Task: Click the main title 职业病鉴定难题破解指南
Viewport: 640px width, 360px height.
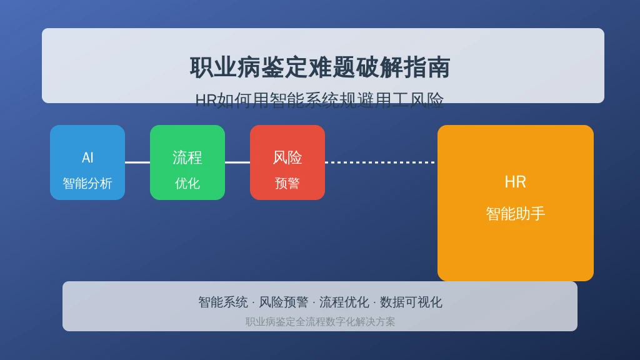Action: [x=320, y=67]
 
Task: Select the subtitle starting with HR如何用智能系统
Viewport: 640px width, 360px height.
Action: [x=319, y=100]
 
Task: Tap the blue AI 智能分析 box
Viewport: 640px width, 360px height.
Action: [x=87, y=162]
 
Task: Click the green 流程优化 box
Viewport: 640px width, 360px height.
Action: [x=187, y=162]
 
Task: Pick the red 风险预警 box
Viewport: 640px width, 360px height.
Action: [x=287, y=162]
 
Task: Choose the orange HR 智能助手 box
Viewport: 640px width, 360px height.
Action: [x=516, y=203]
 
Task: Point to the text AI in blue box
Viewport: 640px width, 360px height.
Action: [x=87, y=157]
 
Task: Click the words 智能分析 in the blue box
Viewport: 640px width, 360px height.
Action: [x=87, y=183]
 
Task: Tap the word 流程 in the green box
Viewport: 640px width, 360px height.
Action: [x=187, y=157]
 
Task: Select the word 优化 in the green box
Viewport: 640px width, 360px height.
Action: [x=187, y=183]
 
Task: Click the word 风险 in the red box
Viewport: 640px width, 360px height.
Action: [x=287, y=157]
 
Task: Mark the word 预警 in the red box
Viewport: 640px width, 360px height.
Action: [x=287, y=183]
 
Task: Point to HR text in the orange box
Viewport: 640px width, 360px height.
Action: [x=515, y=182]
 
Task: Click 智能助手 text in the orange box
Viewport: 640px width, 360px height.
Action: [x=516, y=214]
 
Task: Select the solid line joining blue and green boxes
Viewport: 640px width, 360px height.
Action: [x=137, y=162]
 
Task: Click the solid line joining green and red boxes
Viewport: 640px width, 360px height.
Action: [x=237, y=162]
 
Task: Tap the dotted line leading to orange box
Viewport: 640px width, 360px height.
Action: [x=381, y=162]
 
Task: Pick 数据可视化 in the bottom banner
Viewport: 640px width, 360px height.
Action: [x=411, y=302]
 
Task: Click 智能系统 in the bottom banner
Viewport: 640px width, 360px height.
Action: [x=223, y=302]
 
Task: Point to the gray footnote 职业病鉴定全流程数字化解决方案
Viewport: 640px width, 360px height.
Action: [x=320, y=322]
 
